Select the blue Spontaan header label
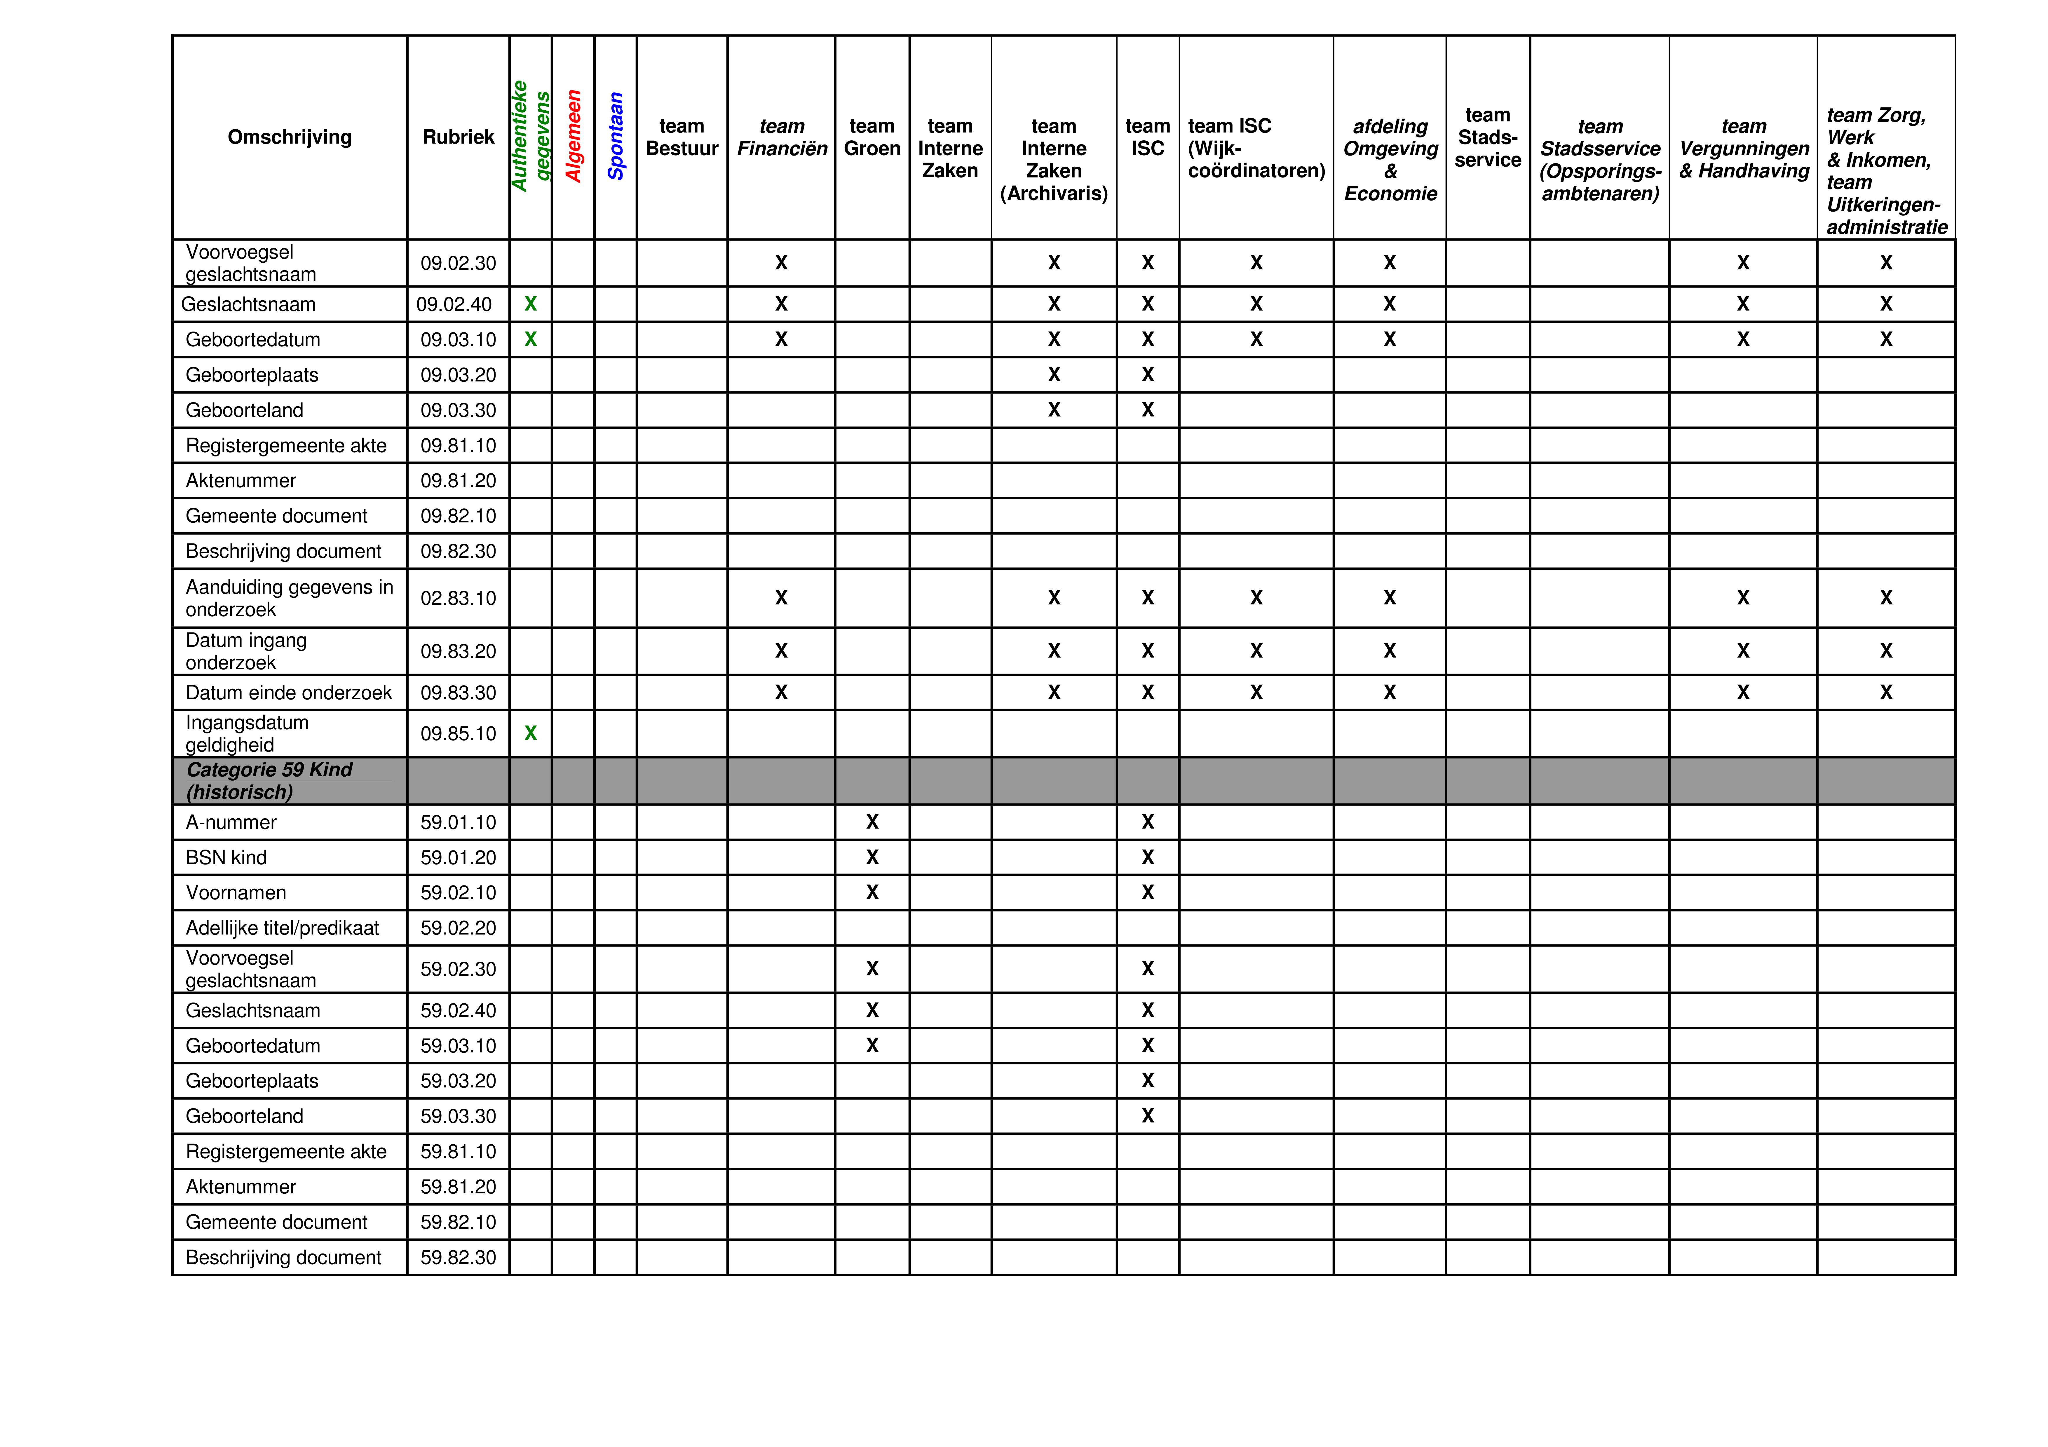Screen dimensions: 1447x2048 pyautogui.click(x=616, y=137)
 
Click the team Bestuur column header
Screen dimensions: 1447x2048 pyautogui.click(x=681, y=137)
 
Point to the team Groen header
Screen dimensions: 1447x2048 pyautogui.click(x=872, y=137)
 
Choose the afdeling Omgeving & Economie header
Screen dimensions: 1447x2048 pyautogui.click(x=1390, y=160)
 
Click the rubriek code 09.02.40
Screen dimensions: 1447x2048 pyautogui.click(x=454, y=304)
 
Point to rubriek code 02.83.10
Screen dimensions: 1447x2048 pyautogui.click(x=458, y=598)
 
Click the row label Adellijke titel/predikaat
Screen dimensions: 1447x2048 pyautogui.click(x=282, y=928)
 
